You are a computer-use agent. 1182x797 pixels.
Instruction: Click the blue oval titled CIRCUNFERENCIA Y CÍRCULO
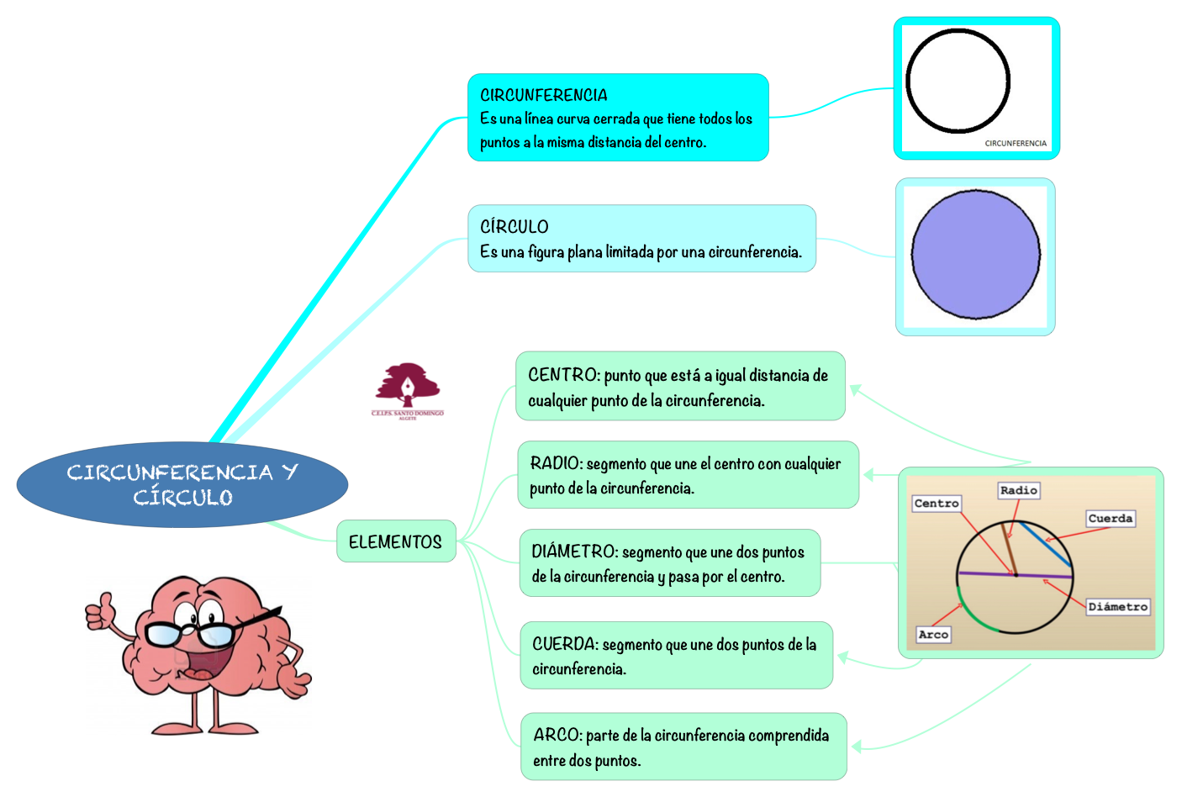coord(182,484)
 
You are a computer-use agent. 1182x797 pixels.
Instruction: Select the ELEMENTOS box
coord(396,541)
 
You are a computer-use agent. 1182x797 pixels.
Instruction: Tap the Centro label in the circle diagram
coord(937,503)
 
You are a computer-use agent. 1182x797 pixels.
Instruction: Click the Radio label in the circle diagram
coord(1019,490)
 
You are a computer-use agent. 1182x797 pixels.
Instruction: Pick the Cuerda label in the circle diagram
coord(1111,519)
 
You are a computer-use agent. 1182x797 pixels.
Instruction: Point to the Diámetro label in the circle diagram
coord(1118,606)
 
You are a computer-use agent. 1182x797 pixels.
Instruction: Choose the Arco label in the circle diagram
coord(933,634)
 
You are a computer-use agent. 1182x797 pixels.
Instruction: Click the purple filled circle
coord(976,255)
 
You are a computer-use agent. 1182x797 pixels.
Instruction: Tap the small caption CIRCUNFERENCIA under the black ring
coord(1016,143)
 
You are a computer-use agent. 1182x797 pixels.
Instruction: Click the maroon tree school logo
coord(408,391)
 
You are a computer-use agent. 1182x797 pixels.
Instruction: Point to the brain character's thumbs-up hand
coord(100,611)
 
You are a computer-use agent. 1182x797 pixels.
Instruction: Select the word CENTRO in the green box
coord(563,375)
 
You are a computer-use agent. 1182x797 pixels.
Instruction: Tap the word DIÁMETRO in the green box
coord(574,552)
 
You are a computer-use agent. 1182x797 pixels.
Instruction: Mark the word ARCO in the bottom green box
coord(557,735)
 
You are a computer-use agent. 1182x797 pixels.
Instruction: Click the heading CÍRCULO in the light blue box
coord(514,226)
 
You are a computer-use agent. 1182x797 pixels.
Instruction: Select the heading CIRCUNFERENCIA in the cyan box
coord(544,95)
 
